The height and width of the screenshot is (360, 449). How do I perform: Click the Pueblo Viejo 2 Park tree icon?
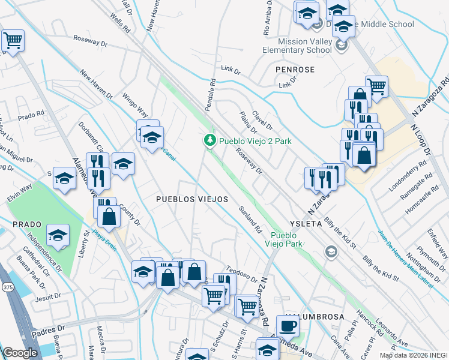[209, 141]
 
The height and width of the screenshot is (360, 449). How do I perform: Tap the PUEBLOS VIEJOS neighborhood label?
[192, 199]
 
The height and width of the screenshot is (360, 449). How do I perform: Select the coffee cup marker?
[288, 326]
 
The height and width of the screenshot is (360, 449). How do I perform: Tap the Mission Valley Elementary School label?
[305, 46]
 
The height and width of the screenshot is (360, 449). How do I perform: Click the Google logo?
[20, 353]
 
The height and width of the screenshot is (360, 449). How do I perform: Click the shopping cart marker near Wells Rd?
[12, 41]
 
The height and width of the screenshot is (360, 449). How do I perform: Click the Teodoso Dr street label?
[241, 275]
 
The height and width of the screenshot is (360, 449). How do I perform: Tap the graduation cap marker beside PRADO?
[58, 236]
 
